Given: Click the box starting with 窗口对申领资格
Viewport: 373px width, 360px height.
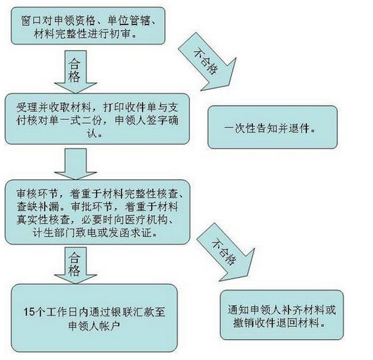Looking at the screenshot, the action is [88, 26].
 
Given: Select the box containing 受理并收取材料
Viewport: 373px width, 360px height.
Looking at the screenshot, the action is [97, 119].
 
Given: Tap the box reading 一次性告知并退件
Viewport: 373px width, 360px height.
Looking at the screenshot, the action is [273, 127].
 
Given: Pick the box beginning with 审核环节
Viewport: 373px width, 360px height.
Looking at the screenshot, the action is [98, 212].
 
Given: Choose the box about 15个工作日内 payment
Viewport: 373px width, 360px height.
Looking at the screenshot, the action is [94, 318].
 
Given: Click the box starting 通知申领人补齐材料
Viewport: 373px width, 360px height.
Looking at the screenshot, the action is [282, 315].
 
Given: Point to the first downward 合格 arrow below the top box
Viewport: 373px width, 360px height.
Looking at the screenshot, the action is [75, 72].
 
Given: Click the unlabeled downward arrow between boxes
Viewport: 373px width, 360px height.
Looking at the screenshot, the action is [75, 164].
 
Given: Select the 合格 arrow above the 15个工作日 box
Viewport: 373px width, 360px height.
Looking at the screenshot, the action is [75, 266].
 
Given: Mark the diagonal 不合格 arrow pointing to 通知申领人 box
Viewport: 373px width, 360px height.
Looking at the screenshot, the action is [225, 253].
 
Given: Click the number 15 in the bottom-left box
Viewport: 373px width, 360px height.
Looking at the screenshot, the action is [29, 311].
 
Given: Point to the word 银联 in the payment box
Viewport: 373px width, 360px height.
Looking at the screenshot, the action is [123, 311].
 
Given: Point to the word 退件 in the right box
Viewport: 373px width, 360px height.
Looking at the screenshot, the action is [300, 128].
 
